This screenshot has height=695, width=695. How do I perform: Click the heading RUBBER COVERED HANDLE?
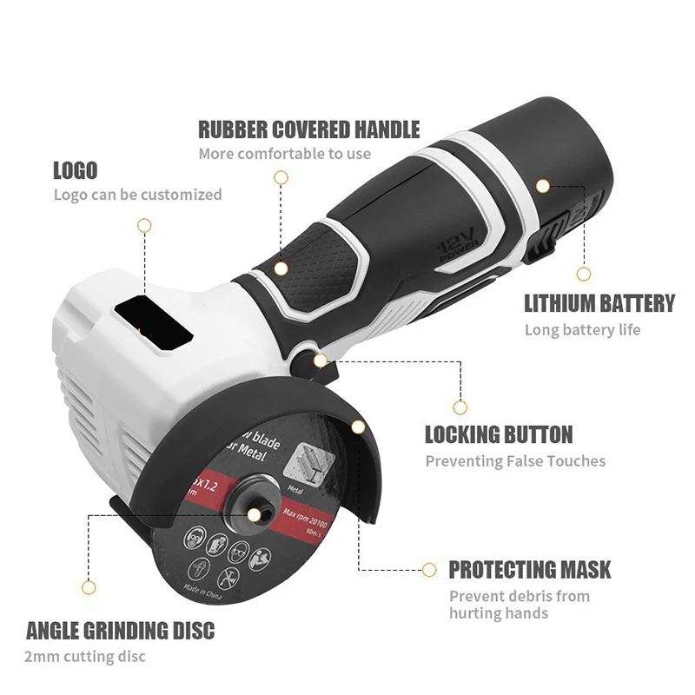coord(308,130)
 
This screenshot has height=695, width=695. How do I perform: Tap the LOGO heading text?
coord(75,170)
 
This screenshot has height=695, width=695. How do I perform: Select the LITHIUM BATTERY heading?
coord(599,303)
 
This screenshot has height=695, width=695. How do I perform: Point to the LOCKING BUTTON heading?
coord(498,434)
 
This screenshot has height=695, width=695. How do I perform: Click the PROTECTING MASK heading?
coord(529,570)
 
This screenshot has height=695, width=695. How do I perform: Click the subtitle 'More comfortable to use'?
coord(285,155)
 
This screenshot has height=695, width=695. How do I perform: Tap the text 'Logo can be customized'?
coord(137,195)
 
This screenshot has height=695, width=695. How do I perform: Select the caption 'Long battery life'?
coord(582,330)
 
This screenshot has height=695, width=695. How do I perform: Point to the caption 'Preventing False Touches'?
coord(515,461)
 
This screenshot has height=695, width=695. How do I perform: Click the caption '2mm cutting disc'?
coord(85,656)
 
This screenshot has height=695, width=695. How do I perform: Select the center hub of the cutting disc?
coord(253,514)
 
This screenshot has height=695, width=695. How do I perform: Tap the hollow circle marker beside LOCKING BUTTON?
coord(460,407)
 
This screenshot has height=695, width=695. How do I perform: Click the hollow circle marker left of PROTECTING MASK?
coord(428,570)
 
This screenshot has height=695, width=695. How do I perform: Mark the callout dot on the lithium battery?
coord(542,186)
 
